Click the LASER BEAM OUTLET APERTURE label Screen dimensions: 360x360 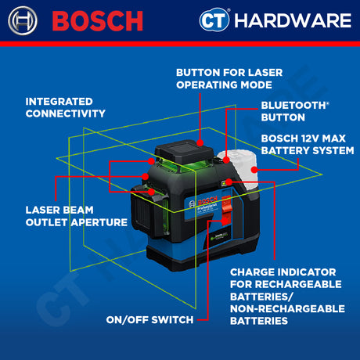[76, 216]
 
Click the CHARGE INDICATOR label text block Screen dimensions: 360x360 [287, 297]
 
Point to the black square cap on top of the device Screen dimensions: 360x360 [181, 152]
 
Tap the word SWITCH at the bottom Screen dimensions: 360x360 [166, 319]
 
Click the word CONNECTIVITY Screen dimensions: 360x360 [66, 113]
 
